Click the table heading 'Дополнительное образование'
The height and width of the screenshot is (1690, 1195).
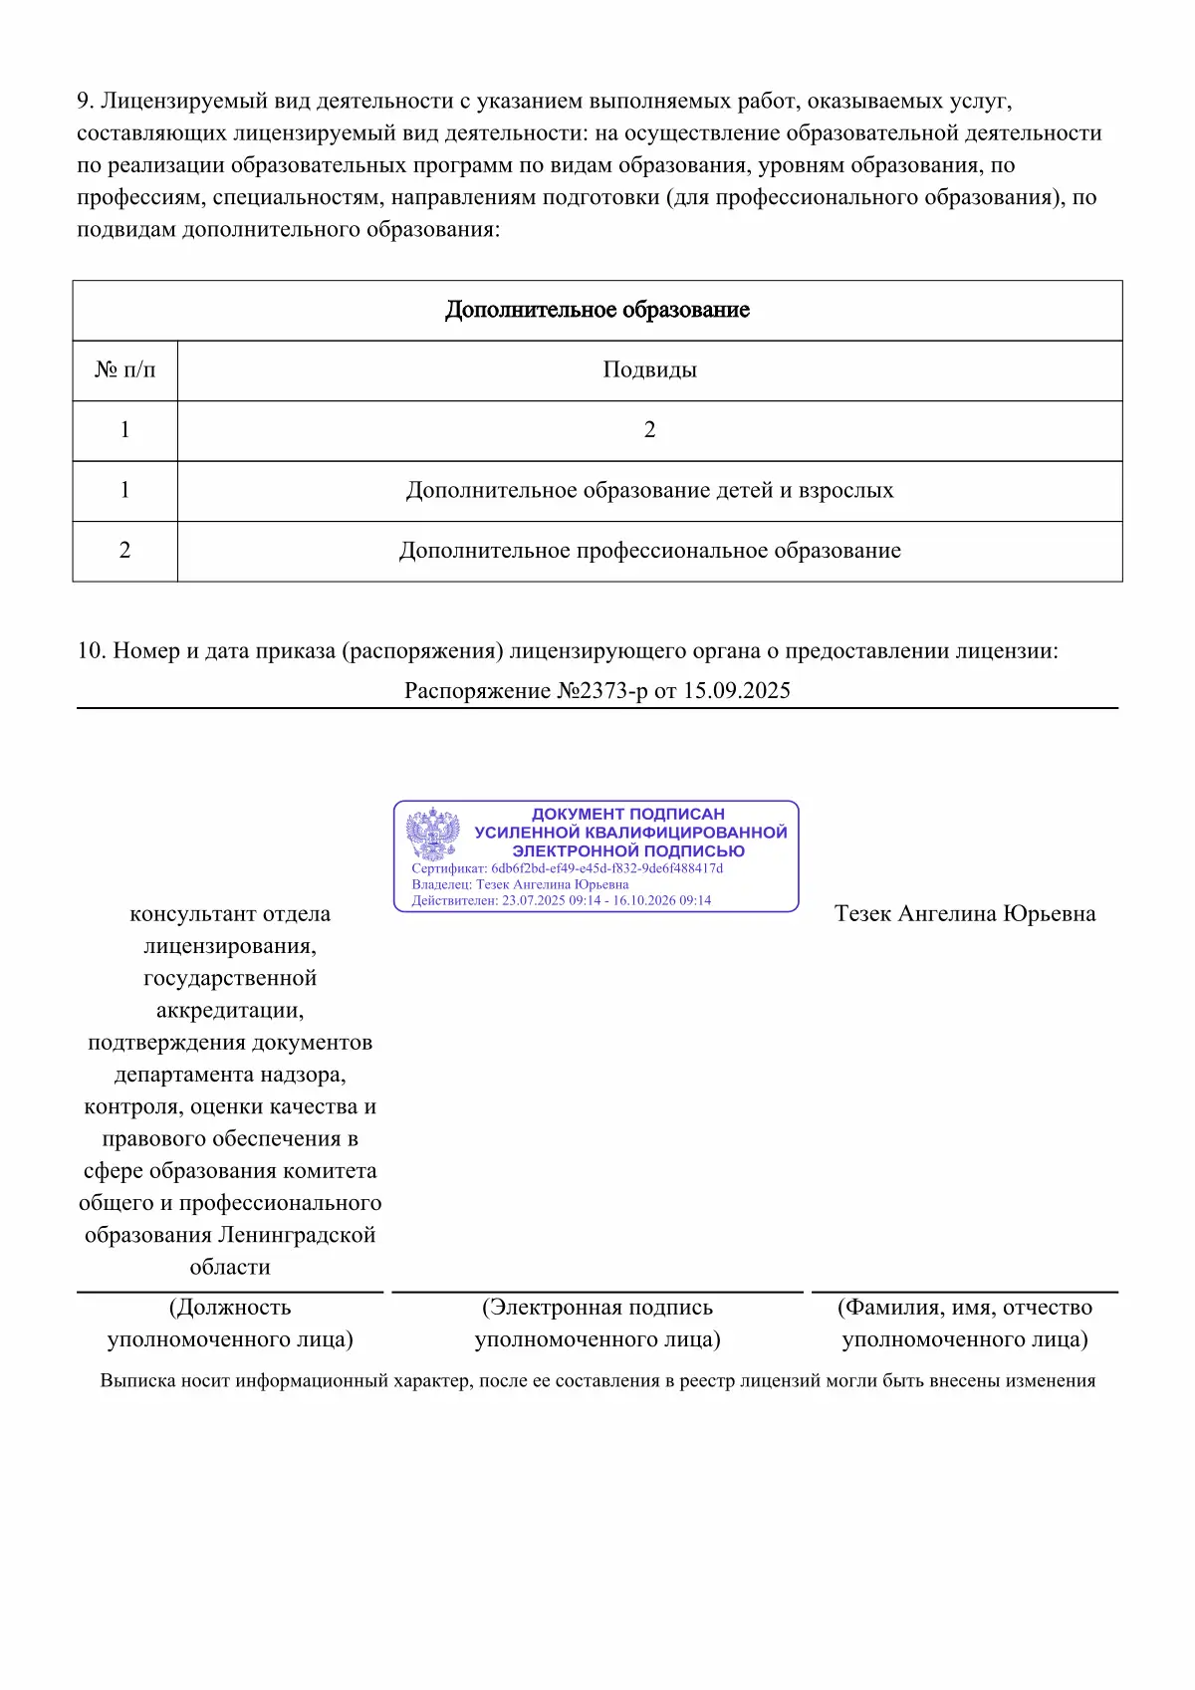coord(597,310)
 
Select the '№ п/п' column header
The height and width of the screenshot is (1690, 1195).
coord(124,370)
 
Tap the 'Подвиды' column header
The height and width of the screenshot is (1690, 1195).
coord(649,370)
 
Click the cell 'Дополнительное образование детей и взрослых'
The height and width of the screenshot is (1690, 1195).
coord(649,490)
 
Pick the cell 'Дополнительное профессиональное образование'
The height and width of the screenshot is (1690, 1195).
coord(649,551)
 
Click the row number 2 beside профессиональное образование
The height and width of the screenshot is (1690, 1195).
coord(124,551)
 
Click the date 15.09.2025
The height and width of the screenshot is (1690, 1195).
coord(736,691)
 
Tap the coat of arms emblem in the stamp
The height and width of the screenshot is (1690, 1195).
coord(433,835)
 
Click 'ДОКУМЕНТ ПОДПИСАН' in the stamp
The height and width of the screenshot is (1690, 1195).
coord(627,814)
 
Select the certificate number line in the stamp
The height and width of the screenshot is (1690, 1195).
coord(567,868)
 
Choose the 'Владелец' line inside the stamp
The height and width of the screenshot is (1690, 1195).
coord(520,884)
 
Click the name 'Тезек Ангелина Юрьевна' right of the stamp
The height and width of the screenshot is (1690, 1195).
coord(964,914)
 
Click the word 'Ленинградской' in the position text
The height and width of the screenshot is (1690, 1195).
coord(297,1235)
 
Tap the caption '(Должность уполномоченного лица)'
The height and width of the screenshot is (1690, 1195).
coord(230,1323)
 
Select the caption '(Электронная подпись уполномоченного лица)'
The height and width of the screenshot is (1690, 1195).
coord(597,1323)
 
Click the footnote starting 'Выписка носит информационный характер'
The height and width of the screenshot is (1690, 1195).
coord(597,1381)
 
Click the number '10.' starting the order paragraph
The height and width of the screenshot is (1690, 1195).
coord(91,651)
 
